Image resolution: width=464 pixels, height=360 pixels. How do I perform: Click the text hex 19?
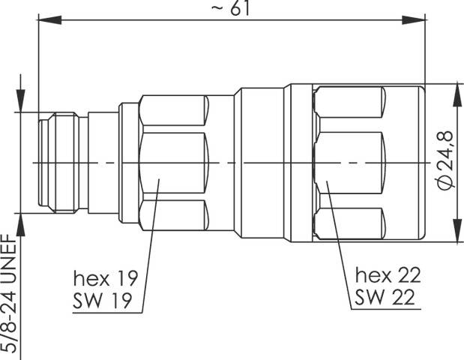tap(105, 279)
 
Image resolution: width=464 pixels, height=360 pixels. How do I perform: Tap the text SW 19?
tap(104, 301)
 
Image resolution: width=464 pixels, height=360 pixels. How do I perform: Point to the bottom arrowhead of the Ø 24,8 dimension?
tap(454, 238)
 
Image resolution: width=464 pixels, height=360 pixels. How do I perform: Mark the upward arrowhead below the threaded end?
tap(19, 222)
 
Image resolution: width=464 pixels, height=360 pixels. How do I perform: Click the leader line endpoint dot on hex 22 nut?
tap(328, 180)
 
